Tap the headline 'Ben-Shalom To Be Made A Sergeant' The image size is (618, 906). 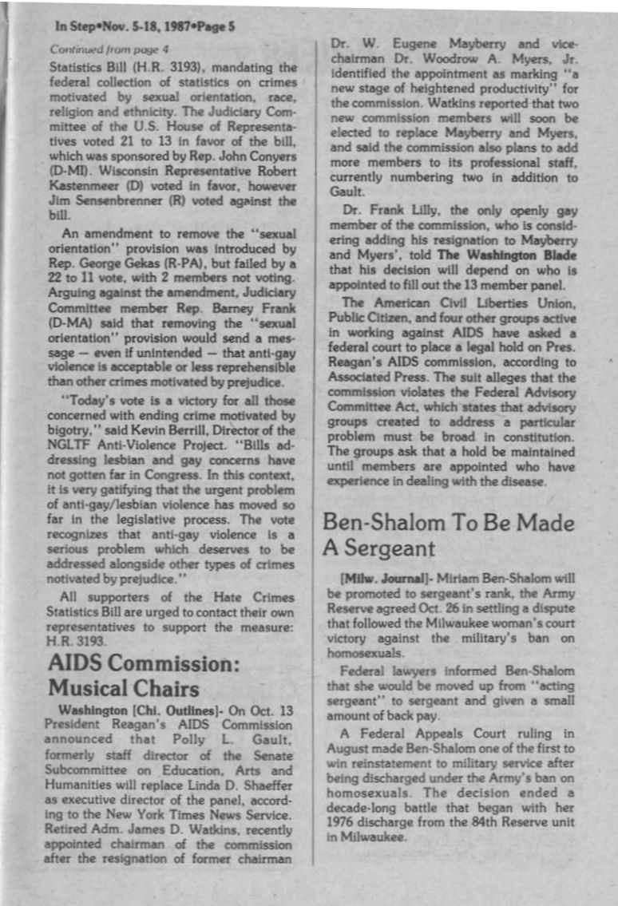coord(448,535)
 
